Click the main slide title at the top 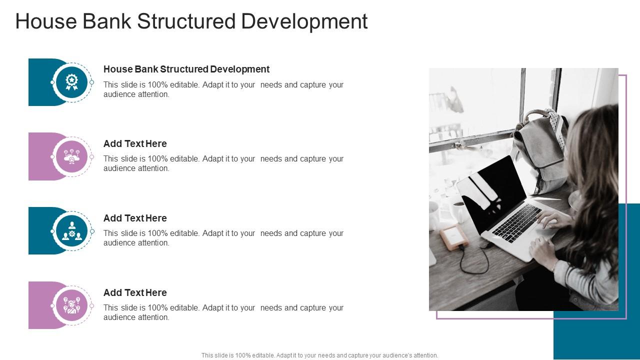click(x=191, y=21)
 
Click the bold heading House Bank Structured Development click(x=186, y=69)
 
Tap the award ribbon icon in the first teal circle click(x=71, y=82)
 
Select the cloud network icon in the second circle click(x=71, y=156)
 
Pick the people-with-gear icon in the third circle click(x=71, y=231)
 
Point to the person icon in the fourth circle click(x=71, y=305)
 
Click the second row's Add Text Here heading click(x=135, y=143)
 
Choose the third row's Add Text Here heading click(x=135, y=218)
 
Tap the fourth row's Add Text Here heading click(x=135, y=292)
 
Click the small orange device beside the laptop click(x=453, y=237)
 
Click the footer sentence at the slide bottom click(x=320, y=355)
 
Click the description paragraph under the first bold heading click(x=223, y=89)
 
